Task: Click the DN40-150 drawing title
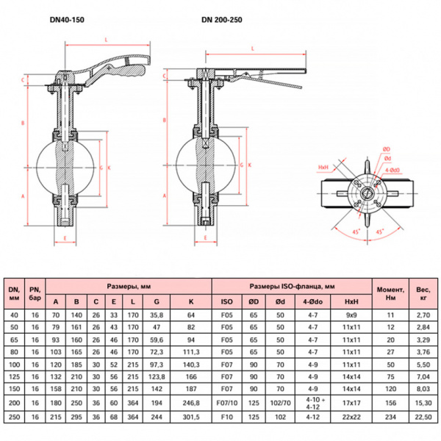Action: click(x=67, y=20)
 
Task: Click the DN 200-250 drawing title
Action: click(x=222, y=20)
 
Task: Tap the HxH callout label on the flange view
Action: click(x=323, y=168)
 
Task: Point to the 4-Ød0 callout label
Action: click(x=392, y=171)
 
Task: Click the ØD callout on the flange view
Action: click(x=387, y=149)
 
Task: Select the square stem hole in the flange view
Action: click(x=367, y=193)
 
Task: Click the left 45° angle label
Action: click(x=356, y=232)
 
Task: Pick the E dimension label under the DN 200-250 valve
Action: click(x=206, y=237)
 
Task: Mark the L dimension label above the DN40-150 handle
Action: click(x=107, y=40)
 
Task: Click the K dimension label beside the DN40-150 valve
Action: click(x=110, y=168)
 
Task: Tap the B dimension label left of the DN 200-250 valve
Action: click(x=165, y=121)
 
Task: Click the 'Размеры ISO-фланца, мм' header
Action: click(x=292, y=287)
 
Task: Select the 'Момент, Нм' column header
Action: click(x=390, y=293)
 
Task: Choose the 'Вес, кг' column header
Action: click(x=423, y=293)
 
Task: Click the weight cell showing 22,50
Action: click(x=423, y=417)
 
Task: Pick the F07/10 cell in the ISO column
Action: click(x=226, y=403)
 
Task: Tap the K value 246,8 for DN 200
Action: click(x=191, y=403)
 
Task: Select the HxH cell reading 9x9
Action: click(x=351, y=315)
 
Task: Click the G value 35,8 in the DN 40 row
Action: click(x=157, y=315)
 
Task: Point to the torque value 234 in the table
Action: click(x=390, y=417)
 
